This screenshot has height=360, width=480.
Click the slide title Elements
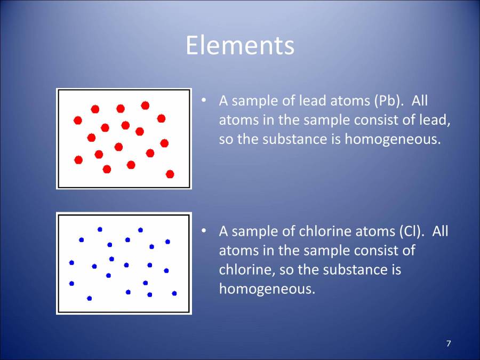tap(240, 45)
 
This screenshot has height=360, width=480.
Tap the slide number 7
tap(448, 343)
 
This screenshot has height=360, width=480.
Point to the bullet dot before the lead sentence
tap(203, 100)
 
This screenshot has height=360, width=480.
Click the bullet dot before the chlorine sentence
tap(203, 231)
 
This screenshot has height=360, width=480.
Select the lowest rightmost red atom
tap(170, 174)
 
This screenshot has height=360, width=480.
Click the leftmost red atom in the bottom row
tap(78, 159)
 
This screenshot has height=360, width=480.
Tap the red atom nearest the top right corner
tap(161, 118)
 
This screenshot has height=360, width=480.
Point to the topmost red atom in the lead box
tap(145, 106)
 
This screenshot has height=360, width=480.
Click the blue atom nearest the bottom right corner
tap(174, 293)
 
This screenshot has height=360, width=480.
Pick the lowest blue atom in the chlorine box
tap(89, 298)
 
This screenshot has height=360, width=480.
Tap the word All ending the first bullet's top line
tap(420, 101)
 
